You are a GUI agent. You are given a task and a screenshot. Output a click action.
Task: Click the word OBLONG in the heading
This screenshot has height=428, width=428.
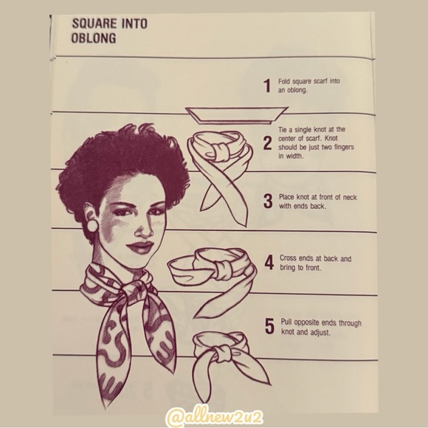94,38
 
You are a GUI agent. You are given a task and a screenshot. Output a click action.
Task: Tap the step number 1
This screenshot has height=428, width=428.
267,86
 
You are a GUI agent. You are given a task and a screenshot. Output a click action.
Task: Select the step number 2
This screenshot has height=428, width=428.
268,144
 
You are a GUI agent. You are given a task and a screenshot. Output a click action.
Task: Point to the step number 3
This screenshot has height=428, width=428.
268,201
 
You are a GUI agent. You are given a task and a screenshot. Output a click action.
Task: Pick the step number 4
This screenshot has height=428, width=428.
269,263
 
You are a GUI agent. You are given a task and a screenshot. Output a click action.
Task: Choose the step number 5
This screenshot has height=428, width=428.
269,326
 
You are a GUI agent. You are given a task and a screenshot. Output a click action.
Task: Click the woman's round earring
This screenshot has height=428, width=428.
92,226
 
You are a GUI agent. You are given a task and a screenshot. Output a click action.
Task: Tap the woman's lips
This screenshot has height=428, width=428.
140,246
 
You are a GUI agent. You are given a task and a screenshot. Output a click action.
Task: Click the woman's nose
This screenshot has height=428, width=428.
143,231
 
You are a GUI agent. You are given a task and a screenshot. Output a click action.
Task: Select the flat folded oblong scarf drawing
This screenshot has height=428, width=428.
236,115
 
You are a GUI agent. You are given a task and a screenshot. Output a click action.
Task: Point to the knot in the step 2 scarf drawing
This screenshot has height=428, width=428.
222,152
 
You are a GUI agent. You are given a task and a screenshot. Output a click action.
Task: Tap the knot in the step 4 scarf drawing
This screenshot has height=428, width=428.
222,269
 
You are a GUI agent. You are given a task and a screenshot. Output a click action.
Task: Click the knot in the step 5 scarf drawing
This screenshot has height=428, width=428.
224,353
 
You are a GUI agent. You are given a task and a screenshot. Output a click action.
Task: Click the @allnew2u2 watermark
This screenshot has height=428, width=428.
215,417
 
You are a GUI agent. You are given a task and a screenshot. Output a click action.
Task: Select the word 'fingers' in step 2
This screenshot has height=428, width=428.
344,148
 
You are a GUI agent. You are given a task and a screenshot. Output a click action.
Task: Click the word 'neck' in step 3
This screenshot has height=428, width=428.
349,197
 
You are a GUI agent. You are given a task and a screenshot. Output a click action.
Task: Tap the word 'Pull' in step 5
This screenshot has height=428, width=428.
286,322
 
